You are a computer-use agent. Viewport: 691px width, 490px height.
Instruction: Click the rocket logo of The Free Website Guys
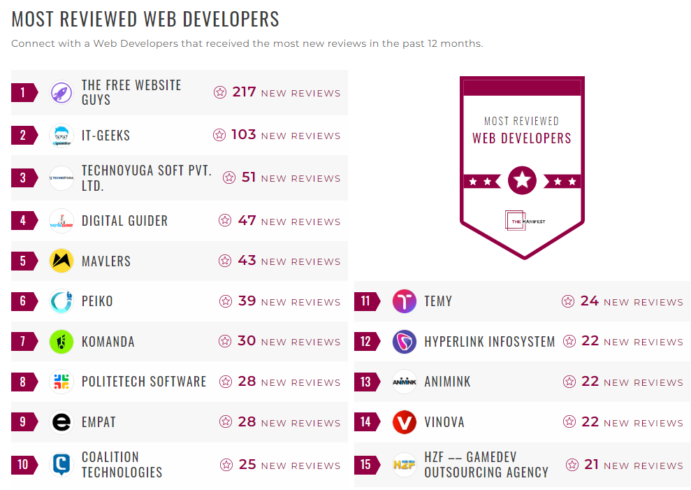[x=61, y=92]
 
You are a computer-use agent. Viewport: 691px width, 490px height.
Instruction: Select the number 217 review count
[x=244, y=92]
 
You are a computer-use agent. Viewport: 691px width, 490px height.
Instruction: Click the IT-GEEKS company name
[x=106, y=136]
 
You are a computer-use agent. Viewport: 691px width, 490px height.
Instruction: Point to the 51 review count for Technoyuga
[x=249, y=178]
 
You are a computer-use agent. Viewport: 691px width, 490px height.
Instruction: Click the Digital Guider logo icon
[x=61, y=221]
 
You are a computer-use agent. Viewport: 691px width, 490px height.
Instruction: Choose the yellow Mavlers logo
[x=61, y=261]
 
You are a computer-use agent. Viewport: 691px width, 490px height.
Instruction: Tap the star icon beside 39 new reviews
[x=225, y=301]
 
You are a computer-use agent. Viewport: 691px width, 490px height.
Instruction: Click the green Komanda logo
[x=61, y=342]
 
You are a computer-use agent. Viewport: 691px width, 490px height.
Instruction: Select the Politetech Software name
[x=144, y=382]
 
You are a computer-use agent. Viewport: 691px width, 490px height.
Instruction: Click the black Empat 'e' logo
[x=61, y=422]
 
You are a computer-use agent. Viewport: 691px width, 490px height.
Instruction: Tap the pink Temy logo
[x=404, y=301]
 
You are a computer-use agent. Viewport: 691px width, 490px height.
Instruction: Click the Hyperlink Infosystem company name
[x=489, y=342]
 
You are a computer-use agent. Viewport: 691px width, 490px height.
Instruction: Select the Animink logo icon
[x=404, y=382]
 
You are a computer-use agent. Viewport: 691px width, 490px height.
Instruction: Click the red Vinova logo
[x=404, y=422]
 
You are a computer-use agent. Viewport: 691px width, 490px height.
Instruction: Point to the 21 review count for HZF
[x=591, y=464]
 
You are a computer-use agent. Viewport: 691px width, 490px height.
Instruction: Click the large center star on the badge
[x=522, y=181]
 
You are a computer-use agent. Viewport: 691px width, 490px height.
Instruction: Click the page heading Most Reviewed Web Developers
[x=145, y=19]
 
